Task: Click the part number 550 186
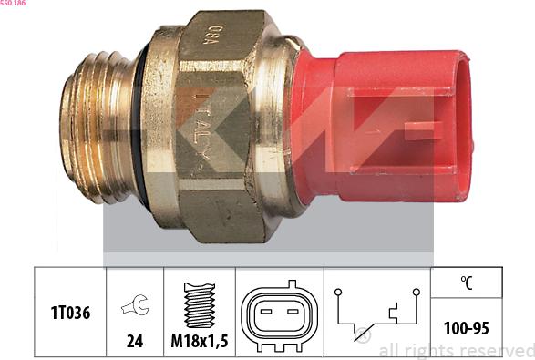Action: tap(13, 3)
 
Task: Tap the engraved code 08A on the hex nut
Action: tap(214, 35)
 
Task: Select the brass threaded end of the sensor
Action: tap(98, 128)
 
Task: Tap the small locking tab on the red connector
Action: tap(424, 131)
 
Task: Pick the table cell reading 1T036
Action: tap(70, 313)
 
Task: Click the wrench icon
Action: tap(135, 304)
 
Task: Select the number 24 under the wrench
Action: tap(135, 341)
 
